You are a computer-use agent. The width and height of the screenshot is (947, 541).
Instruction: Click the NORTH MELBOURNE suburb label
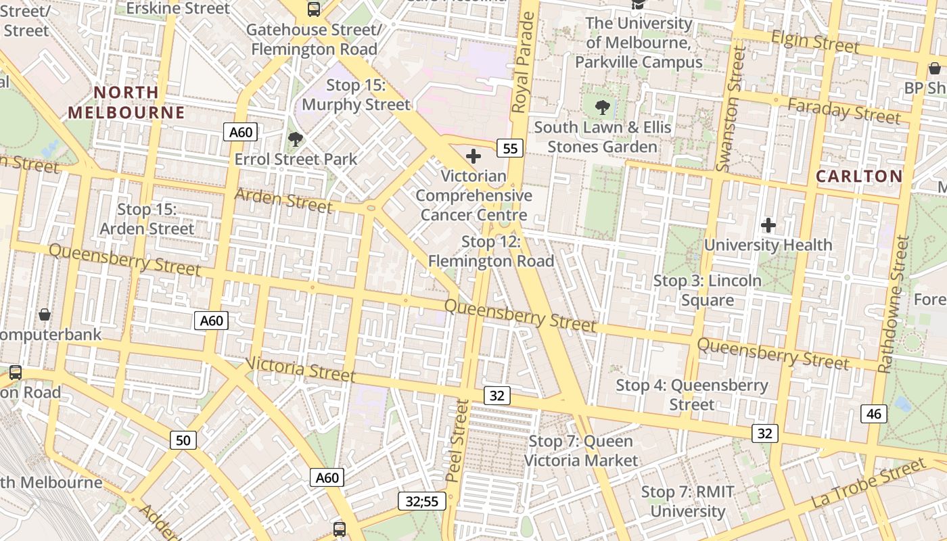coord(126,102)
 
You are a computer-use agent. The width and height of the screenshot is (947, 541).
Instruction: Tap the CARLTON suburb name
coord(859,177)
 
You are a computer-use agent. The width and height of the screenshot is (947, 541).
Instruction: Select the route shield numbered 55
coord(511,148)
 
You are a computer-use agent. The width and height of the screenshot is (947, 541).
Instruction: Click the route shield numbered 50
coord(183,440)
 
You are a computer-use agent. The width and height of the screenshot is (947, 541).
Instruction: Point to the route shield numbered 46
coord(874,413)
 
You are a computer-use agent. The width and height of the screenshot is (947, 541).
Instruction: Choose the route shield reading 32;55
coord(422,501)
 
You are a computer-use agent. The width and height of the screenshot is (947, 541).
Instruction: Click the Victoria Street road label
coord(300,369)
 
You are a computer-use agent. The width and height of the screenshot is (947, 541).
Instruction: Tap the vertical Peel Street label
coord(458,440)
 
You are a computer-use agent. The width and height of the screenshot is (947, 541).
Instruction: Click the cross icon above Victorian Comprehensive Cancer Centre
coord(473,157)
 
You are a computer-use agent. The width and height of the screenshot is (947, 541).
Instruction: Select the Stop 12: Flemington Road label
coord(490,252)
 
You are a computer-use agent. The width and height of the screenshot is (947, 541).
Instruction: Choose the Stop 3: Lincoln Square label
coord(708,290)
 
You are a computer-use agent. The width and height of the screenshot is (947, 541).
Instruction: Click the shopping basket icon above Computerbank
coord(45,314)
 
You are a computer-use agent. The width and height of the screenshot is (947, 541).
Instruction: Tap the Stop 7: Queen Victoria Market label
coord(580,451)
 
